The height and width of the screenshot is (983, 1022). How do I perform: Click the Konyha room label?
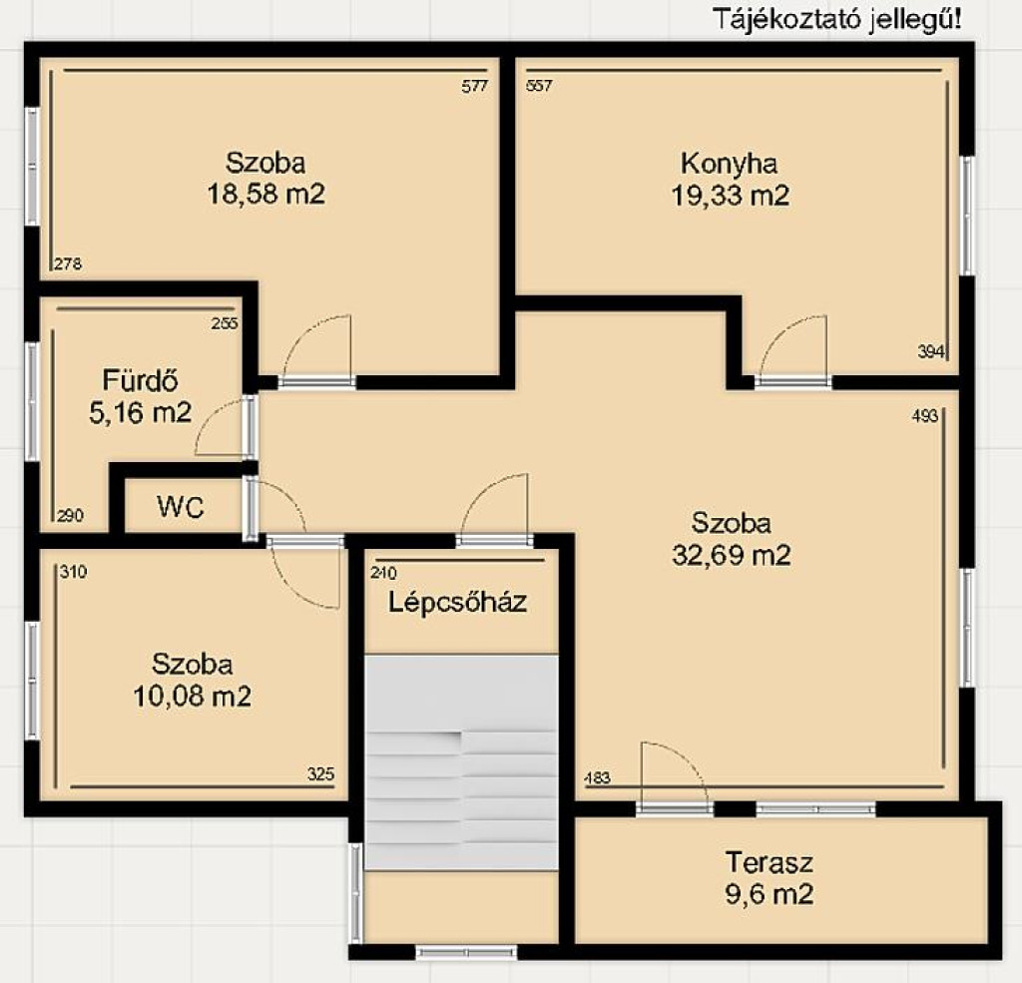[x=729, y=164]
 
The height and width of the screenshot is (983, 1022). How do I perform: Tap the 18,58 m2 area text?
[x=265, y=194]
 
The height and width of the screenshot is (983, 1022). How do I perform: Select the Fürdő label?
[x=140, y=380]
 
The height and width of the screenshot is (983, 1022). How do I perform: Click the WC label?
[x=181, y=507]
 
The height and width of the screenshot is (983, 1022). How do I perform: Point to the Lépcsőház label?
[x=457, y=602]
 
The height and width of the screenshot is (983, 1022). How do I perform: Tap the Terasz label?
[x=769, y=862]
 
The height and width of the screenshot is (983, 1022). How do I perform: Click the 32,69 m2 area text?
[x=732, y=556]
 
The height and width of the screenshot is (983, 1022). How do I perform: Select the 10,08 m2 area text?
[x=193, y=697]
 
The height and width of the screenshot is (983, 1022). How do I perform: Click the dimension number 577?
[x=474, y=86]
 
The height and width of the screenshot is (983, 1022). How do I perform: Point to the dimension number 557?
[x=539, y=86]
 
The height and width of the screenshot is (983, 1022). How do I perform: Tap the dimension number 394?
[x=931, y=352]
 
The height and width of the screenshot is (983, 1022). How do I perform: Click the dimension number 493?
[x=925, y=416]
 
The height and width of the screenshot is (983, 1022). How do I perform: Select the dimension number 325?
[x=320, y=773]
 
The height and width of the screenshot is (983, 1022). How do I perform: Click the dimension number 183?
[x=598, y=777]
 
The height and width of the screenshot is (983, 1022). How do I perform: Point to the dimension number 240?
[x=383, y=573]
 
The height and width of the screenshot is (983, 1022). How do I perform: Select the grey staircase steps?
[x=461, y=762]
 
